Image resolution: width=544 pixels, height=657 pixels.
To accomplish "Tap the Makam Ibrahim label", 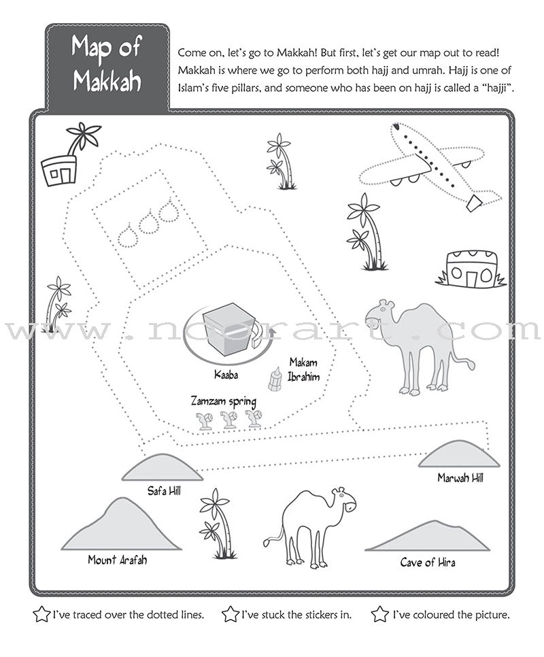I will coord(303,369).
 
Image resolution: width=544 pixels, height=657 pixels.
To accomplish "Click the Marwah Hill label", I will coord(460,477).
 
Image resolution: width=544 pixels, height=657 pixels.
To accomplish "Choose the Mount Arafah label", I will coord(117,560).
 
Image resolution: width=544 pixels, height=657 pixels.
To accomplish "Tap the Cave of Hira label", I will coord(427,562).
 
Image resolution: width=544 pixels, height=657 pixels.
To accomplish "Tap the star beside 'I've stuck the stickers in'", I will coord(231,615).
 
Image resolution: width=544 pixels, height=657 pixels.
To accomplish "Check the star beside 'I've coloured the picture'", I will coord(380,615).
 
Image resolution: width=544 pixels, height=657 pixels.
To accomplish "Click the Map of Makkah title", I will coord(107,66).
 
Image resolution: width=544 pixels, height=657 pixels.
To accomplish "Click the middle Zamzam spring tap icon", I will coord(229,420).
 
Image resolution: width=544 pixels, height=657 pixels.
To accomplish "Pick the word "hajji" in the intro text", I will coord(490,88).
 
